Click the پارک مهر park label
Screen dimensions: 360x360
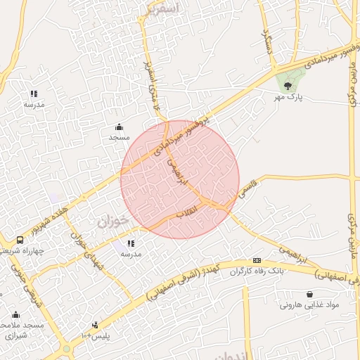click(x=288, y=98)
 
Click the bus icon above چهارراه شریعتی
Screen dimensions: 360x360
click(x=20, y=240)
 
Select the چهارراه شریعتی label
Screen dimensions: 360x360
click(x=22, y=250)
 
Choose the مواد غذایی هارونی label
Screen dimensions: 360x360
click(x=309, y=305)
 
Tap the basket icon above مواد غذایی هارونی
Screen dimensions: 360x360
click(x=309, y=294)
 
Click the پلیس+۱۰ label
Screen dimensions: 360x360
click(x=95, y=335)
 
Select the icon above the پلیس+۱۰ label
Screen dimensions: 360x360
click(x=95, y=324)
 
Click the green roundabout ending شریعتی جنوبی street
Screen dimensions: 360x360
click(x=67, y=348)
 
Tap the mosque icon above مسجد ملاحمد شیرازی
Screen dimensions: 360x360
click(x=16, y=314)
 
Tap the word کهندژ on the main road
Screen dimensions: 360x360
click(x=212, y=272)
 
